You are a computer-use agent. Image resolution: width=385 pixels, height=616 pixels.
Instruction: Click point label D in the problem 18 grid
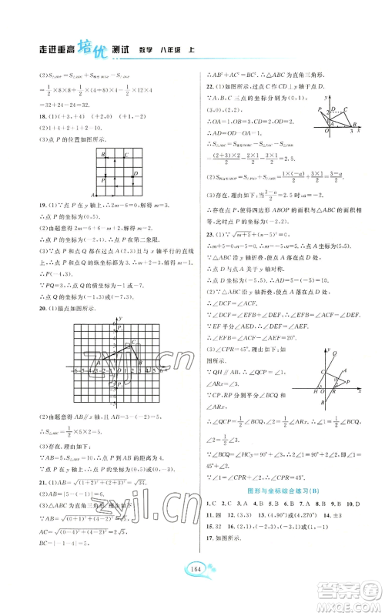point(136,173)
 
